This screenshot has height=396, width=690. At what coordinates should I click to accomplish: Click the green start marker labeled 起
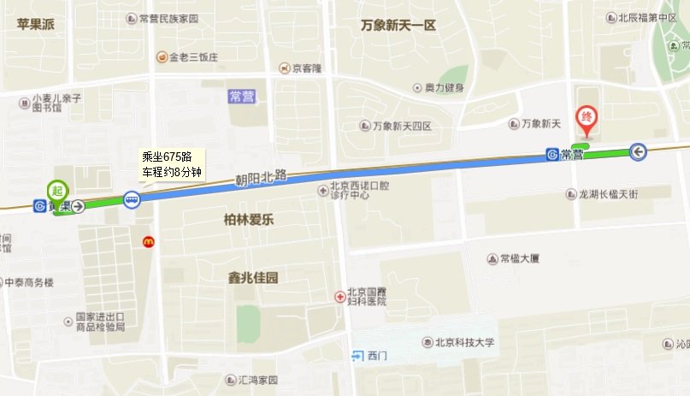tap(58, 189)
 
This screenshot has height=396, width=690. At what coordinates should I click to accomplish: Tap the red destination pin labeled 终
tap(587, 117)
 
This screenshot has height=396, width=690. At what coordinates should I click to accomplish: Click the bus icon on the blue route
tap(131, 200)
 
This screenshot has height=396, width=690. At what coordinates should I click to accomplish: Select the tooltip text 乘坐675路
tap(173, 156)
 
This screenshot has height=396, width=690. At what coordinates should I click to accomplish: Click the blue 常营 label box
tap(242, 97)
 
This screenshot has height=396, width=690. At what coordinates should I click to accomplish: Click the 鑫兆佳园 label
tap(253, 278)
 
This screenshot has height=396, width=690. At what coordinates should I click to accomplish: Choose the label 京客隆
tap(306, 68)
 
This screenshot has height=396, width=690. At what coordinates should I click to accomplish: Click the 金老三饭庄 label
tap(194, 57)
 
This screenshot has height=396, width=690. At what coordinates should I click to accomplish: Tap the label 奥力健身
tap(444, 87)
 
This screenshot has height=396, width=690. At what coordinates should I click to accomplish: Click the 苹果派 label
tap(35, 24)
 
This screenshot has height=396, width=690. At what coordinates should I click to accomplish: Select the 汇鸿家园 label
tap(258, 379)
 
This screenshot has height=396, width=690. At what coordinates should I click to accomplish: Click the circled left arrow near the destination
tap(638, 151)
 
